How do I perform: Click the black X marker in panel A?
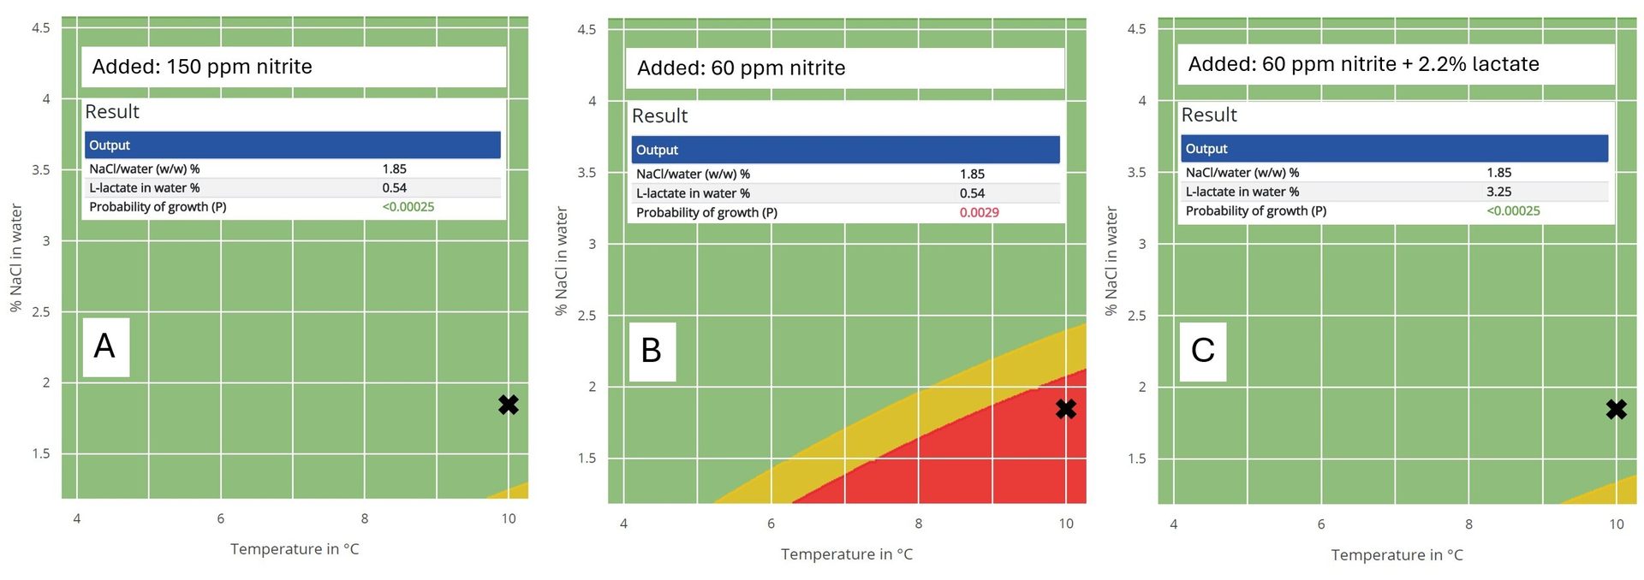click(x=508, y=405)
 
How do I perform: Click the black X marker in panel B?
click(x=1065, y=409)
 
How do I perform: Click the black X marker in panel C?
click(x=1616, y=410)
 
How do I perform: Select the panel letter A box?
click(x=105, y=346)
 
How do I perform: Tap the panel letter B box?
click(x=652, y=351)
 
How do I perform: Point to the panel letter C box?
click(x=1202, y=351)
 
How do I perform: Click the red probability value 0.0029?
click(x=979, y=212)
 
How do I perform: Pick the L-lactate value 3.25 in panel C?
click(x=1498, y=192)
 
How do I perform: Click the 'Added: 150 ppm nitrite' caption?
click(x=202, y=67)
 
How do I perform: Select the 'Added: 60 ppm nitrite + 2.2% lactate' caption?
click(x=1363, y=64)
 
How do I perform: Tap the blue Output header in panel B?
click(x=845, y=150)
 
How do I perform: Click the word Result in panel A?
click(x=112, y=112)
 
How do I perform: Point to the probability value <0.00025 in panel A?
click(x=408, y=207)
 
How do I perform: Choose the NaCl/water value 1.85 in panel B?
click(x=972, y=174)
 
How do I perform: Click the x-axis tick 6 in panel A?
click(x=221, y=518)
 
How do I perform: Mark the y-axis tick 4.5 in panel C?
click(x=1136, y=28)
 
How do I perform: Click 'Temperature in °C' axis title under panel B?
click(x=846, y=554)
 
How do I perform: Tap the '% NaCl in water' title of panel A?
click(x=15, y=257)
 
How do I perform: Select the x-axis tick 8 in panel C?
click(x=1468, y=524)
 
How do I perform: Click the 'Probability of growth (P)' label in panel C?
click(x=1255, y=210)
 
